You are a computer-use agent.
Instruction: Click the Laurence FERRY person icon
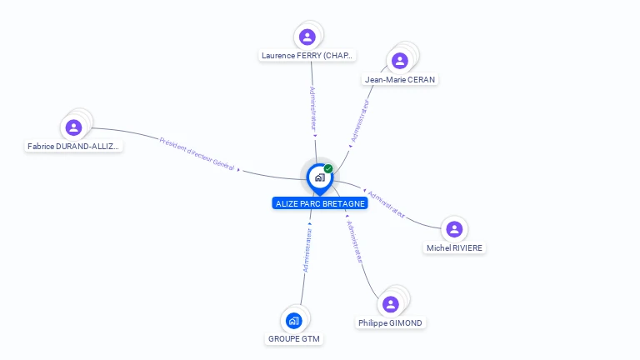point(307,37)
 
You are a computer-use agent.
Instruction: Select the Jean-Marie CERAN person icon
point(400,60)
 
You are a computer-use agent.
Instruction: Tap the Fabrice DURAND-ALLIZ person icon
point(73,127)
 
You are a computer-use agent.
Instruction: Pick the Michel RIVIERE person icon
point(454,229)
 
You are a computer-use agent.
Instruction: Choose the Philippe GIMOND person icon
point(391,304)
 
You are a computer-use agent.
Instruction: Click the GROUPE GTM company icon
point(293,320)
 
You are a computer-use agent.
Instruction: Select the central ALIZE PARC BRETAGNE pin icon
point(319,177)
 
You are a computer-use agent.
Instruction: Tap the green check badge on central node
point(328,169)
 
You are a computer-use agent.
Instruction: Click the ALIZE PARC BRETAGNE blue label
point(319,203)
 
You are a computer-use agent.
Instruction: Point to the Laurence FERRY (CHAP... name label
point(307,56)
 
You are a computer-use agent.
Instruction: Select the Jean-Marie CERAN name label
point(400,79)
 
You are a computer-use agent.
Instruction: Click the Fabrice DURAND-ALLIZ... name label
point(73,146)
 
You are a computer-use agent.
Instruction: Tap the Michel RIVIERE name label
point(454,247)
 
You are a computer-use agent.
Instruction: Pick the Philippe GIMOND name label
point(391,322)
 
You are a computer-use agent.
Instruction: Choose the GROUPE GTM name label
point(294,339)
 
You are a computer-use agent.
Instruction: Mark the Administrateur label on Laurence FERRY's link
point(312,111)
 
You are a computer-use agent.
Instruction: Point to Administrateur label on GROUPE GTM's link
point(307,251)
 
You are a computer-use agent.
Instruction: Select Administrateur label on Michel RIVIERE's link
point(387,204)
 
